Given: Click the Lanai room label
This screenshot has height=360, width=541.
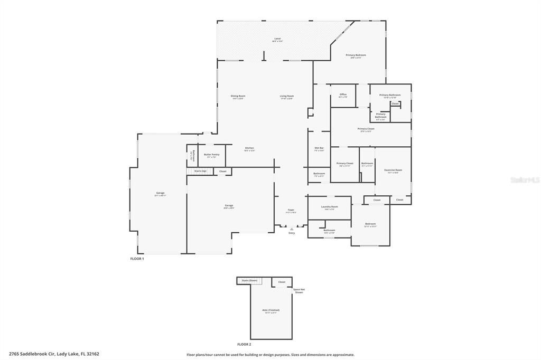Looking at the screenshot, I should (277, 39).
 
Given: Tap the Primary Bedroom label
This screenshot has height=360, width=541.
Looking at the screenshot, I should (356, 55).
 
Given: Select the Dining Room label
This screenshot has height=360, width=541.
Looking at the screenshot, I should (238, 97).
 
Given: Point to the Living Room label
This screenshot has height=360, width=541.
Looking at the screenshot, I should (286, 97).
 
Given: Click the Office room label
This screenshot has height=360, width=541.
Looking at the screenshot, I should (343, 95).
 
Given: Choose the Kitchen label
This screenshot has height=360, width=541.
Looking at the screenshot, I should (249, 148).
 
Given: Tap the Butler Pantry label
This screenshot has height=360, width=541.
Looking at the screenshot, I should (211, 155).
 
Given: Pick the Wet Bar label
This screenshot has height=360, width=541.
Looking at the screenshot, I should (319, 148).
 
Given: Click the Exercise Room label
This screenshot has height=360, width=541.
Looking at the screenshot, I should (393, 170).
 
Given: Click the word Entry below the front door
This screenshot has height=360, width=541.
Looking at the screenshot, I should (292, 233).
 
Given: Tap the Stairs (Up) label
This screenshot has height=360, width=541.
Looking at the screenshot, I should (200, 171).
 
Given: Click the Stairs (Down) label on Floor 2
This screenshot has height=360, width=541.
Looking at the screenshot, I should (249, 280).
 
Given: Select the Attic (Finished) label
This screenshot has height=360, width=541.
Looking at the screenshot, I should (270, 310).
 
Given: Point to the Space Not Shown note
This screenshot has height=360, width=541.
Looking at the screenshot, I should (299, 290).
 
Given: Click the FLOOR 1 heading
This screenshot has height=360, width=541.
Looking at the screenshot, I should (137, 259).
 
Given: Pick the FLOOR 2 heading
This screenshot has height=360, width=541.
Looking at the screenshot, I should (244, 344).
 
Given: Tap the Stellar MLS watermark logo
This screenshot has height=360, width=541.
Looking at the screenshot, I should (524, 180).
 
